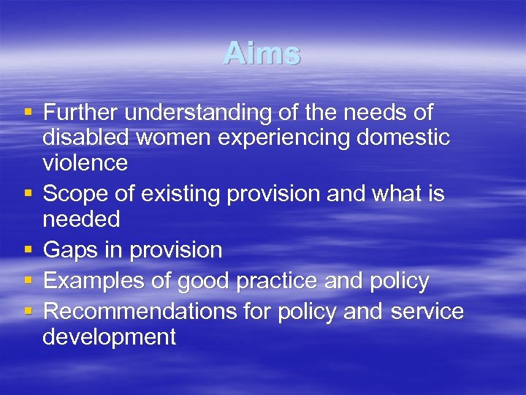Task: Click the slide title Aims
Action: pos(262,53)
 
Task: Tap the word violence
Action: pos(85,162)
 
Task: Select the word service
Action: pos(427,312)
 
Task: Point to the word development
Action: pos(110,337)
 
